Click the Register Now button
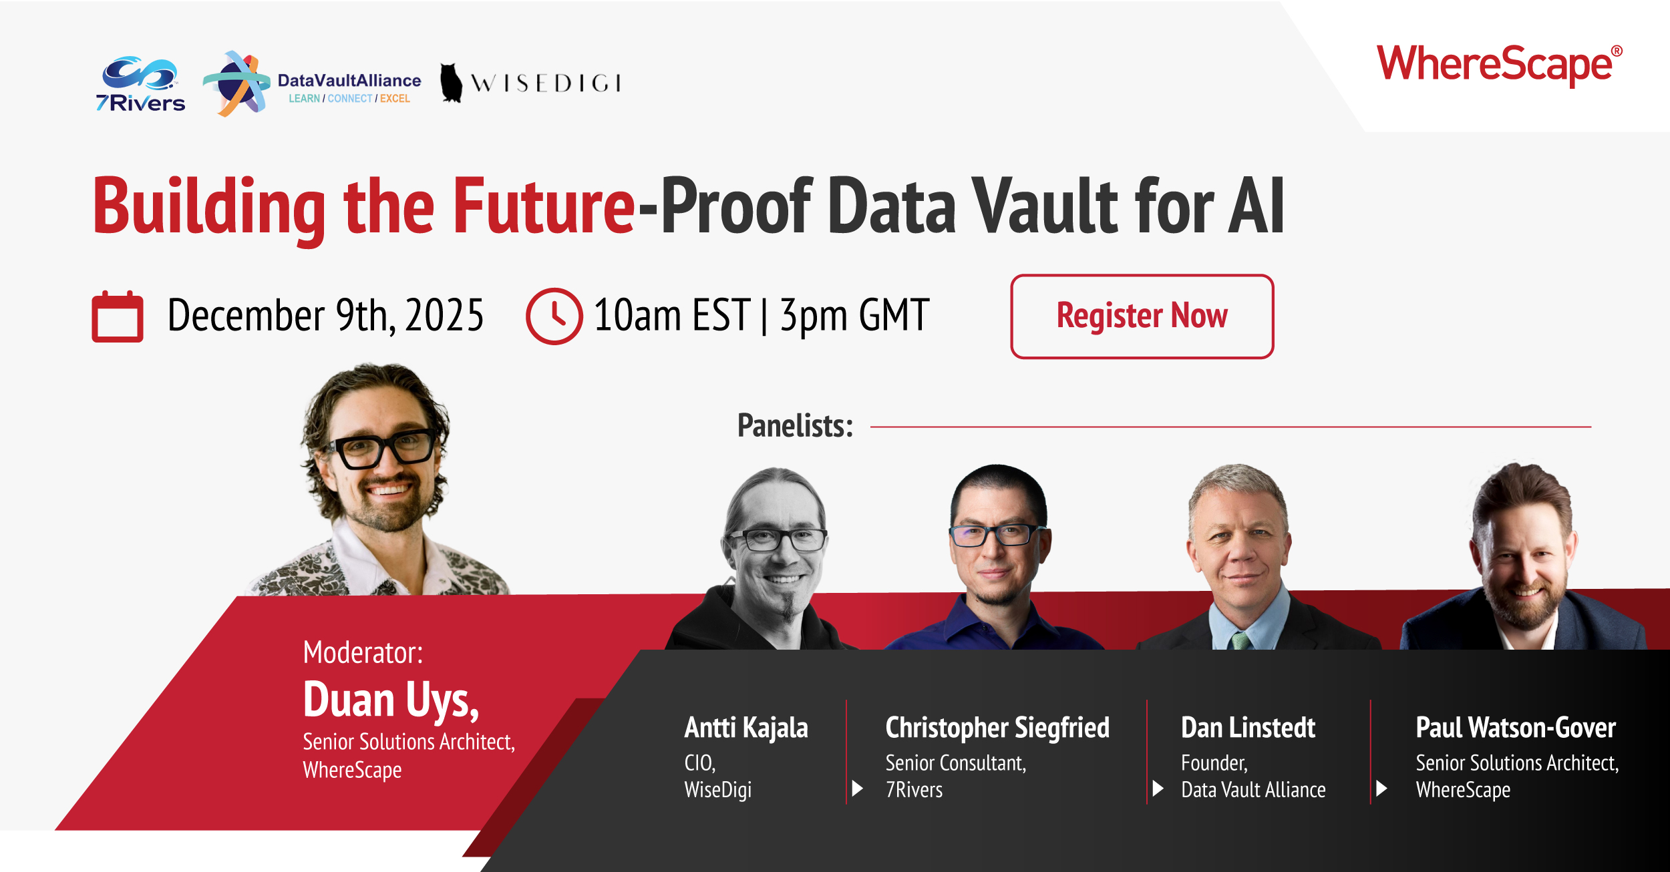tap(1142, 316)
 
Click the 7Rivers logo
tap(140, 85)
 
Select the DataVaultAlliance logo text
tap(349, 81)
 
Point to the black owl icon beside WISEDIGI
tap(452, 83)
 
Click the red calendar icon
tap(118, 317)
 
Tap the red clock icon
tap(554, 316)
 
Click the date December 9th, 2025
tap(325, 315)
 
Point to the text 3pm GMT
tap(854, 315)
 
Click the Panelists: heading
tap(795, 425)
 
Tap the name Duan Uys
tap(391, 700)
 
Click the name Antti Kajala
tap(746, 727)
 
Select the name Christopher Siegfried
tap(997, 727)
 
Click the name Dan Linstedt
tap(1248, 727)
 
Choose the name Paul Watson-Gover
tap(1515, 727)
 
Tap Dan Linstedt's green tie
tap(1241, 640)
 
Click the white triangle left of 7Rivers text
tap(858, 789)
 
